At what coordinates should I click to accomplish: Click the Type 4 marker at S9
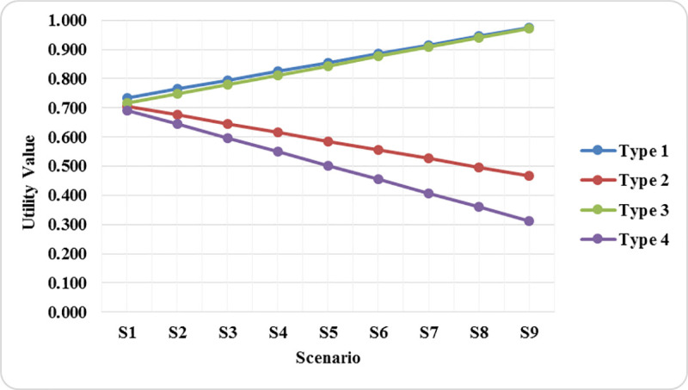click(x=529, y=221)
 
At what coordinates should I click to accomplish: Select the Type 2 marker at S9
click(x=529, y=176)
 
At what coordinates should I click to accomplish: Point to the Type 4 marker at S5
click(x=328, y=165)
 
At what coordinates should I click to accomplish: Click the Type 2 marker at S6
click(x=378, y=150)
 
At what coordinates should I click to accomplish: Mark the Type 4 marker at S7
click(x=428, y=193)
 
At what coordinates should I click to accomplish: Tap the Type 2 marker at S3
click(x=227, y=123)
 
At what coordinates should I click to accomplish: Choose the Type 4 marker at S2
click(x=177, y=124)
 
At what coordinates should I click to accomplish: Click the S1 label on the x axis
click(x=126, y=332)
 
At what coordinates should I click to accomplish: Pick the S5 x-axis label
click(x=328, y=332)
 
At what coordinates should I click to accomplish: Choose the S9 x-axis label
click(x=529, y=332)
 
